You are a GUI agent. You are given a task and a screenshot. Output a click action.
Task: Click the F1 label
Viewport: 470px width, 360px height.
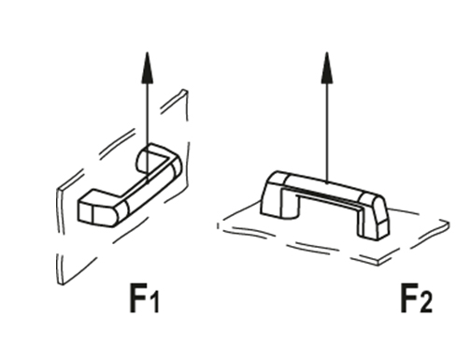pyautogui.click(x=144, y=301)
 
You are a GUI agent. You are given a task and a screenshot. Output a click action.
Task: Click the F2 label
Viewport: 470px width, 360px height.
pyautogui.click(x=416, y=301)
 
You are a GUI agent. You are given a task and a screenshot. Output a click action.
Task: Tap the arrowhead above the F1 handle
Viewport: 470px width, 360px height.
pyautogui.click(x=147, y=66)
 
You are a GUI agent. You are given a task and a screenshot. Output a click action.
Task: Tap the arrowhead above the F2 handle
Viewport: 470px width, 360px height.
pyautogui.click(x=326, y=65)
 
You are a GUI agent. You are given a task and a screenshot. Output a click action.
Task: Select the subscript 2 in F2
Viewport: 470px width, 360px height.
pyautogui.click(x=428, y=306)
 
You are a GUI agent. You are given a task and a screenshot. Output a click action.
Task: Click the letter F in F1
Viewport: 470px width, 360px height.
pyautogui.click(x=136, y=300)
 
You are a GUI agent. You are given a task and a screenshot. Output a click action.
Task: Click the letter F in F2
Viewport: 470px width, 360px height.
pyautogui.click(x=408, y=300)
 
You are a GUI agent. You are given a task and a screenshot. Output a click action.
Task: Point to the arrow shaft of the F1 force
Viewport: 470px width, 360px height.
pyautogui.click(x=147, y=112)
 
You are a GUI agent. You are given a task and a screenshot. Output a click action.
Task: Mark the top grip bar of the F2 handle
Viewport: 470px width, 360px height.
pyautogui.click(x=325, y=185)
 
